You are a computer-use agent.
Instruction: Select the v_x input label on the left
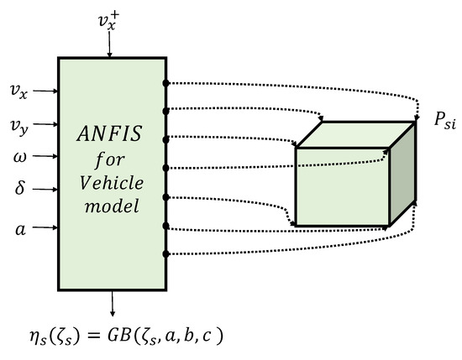(x=18, y=89)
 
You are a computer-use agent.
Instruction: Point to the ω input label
(x=18, y=157)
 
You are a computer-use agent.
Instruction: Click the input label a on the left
(x=18, y=227)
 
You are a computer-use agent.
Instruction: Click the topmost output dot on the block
(x=166, y=82)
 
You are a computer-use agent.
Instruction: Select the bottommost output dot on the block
(x=166, y=254)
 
